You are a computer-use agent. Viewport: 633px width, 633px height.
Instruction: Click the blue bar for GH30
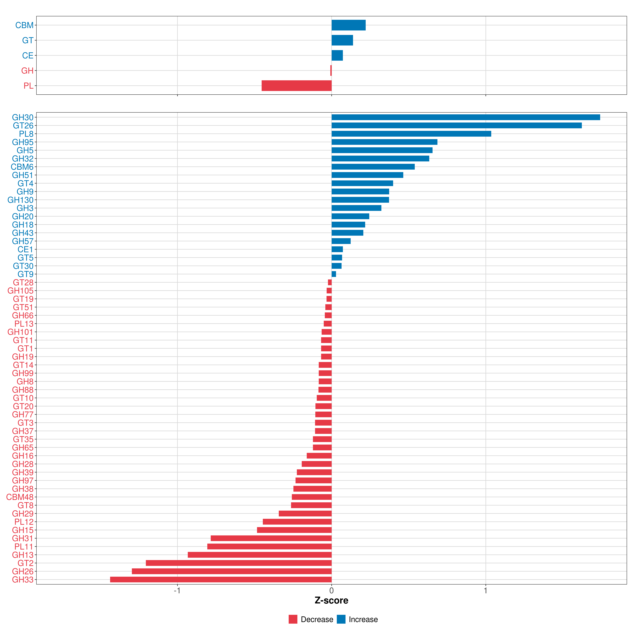click(465, 117)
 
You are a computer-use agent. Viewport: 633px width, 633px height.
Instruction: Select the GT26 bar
click(456, 126)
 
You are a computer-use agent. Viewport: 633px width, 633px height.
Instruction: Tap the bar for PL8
click(411, 134)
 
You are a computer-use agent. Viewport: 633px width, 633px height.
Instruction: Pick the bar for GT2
click(239, 563)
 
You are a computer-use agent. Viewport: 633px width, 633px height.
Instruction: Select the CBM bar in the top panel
click(348, 25)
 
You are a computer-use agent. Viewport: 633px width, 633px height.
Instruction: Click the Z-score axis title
click(331, 600)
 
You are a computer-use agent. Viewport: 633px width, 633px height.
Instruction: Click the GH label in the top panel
click(28, 70)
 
